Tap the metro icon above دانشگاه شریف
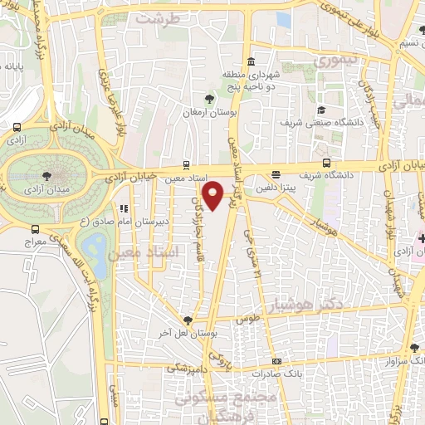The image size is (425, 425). point(326,163)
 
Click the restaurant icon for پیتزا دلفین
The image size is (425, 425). point(276,175)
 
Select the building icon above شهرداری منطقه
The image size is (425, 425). point(251,62)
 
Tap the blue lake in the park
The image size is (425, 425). point(93,246)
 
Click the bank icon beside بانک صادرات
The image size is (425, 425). point(276,362)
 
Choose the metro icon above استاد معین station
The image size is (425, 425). point(185,164)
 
